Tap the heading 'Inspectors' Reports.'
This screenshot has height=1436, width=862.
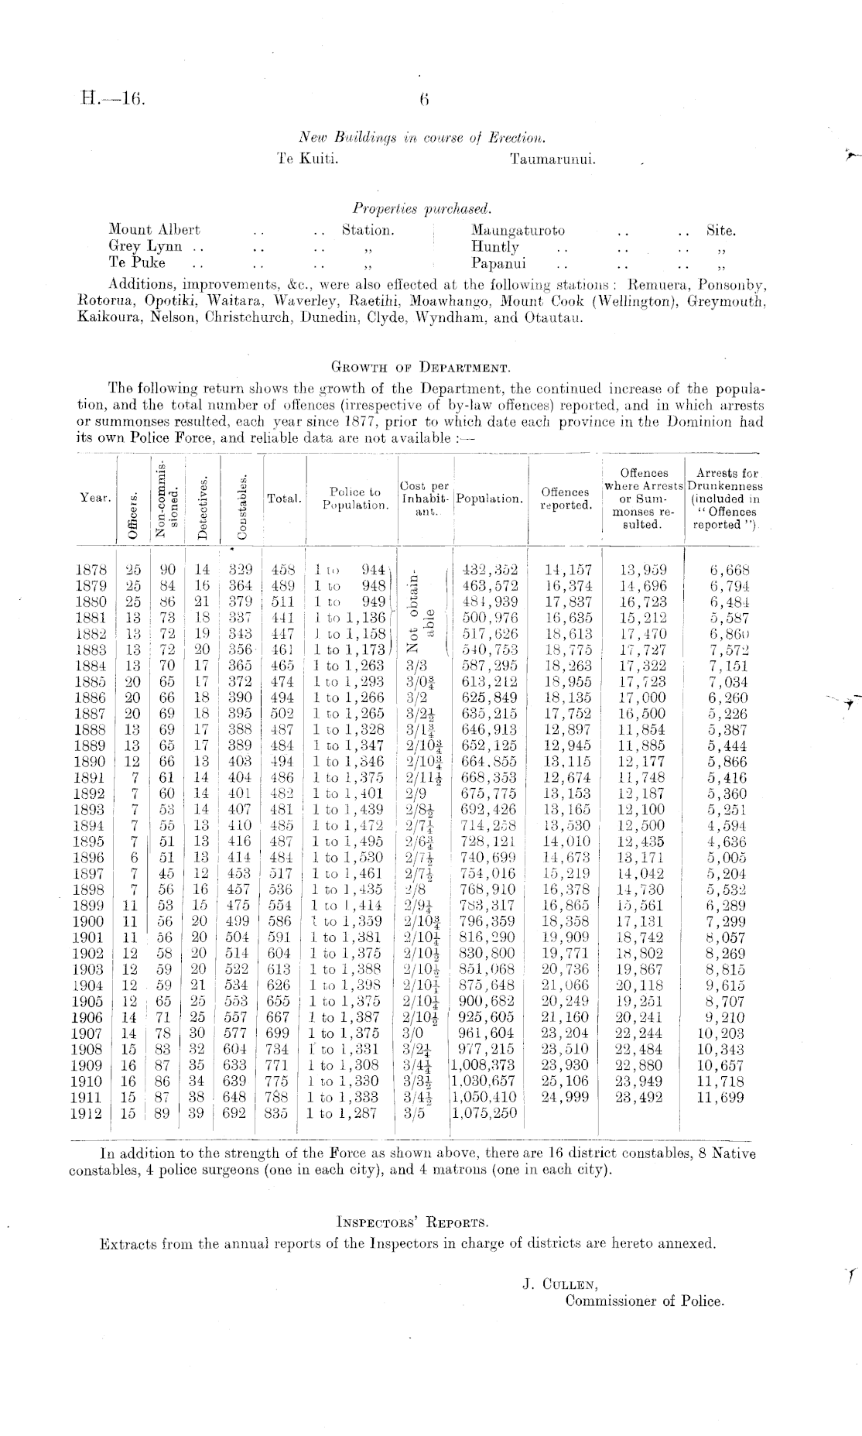pyautogui.click(x=412, y=1224)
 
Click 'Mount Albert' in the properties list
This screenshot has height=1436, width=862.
pyautogui.click(x=155, y=230)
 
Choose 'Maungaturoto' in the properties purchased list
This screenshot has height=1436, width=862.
pyautogui.click(x=518, y=230)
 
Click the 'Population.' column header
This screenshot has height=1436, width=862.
pyautogui.click(x=489, y=499)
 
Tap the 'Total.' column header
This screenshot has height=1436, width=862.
pyautogui.click(x=284, y=499)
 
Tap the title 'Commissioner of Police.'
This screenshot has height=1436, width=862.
pyautogui.click(x=645, y=1301)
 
